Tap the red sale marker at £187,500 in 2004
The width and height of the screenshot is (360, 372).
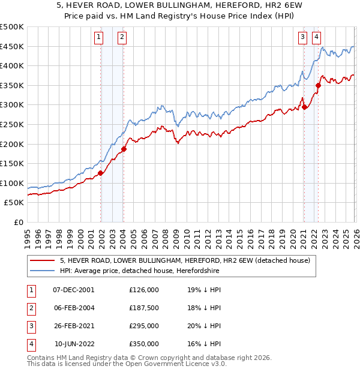click(x=124, y=149)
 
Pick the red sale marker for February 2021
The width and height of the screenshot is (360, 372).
click(x=304, y=107)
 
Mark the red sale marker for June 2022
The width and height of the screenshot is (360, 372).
click(x=318, y=86)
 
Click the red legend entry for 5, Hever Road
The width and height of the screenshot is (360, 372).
click(x=185, y=260)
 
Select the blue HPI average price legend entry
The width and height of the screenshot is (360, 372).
click(x=139, y=271)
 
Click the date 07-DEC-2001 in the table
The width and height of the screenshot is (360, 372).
click(x=74, y=289)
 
